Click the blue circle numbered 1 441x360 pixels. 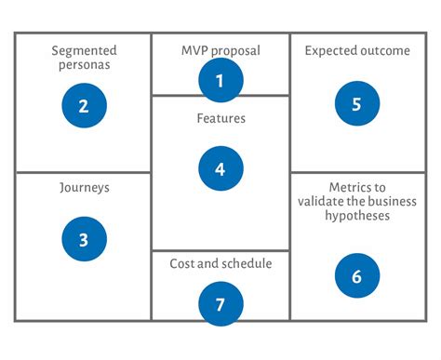pyautogui.click(x=220, y=81)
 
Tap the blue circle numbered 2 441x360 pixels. pyautogui.click(x=84, y=106)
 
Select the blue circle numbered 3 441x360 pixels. pyautogui.click(x=84, y=240)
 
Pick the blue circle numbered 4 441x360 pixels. pyautogui.click(x=220, y=169)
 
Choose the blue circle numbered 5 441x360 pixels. pyautogui.click(x=356, y=104)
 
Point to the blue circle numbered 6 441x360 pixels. pyautogui.click(x=356, y=275)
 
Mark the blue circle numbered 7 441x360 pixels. pyautogui.click(x=220, y=304)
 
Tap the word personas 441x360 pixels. pyautogui.click(x=84, y=67)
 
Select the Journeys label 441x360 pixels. pyautogui.click(x=84, y=187)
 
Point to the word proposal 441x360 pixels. pyautogui.click(x=235, y=51)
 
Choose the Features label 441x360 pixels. pyautogui.click(x=220, y=119)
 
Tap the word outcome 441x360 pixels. pyautogui.click(x=386, y=50)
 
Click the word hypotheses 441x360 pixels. pyautogui.click(x=356, y=216)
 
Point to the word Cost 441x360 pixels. pyautogui.click(x=182, y=263)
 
